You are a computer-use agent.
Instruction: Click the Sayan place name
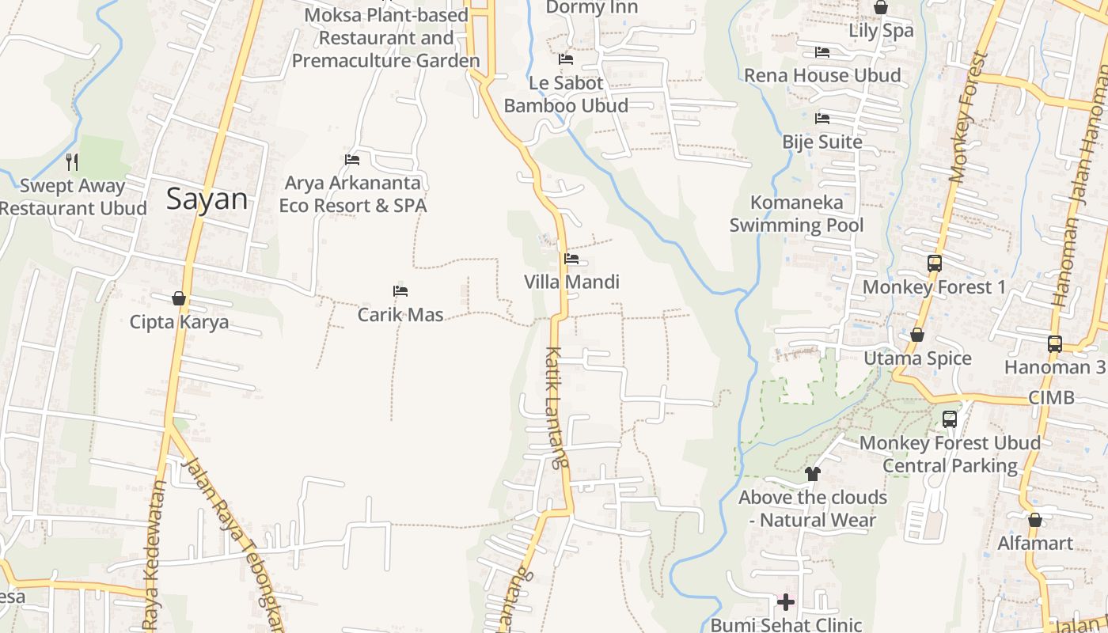click(x=207, y=199)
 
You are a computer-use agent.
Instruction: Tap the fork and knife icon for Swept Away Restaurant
click(x=72, y=162)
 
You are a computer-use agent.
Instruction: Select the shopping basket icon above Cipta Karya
click(x=179, y=298)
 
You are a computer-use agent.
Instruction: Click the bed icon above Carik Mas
click(x=400, y=291)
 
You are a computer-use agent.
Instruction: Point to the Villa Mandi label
click(x=571, y=282)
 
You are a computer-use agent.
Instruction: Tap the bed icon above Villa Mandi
click(x=571, y=258)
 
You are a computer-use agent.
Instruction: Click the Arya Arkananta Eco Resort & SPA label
click(x=353, y=195)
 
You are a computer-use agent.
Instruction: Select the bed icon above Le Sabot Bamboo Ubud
click(x=566, y=59)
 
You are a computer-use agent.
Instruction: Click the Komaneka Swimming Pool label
click(x=796, y=214)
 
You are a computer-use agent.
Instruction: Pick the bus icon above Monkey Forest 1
click(x=935, y=263)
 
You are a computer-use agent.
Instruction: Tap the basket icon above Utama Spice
click(x=917, y=335)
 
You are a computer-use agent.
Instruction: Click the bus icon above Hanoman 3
click(x=1055, y=343)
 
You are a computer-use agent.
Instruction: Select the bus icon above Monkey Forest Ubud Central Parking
click(x=950, y=419)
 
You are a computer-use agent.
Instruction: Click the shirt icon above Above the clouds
click(x=813, y=474)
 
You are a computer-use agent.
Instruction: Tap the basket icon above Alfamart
click(x=1034, y=520)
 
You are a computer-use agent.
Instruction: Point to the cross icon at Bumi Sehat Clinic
click(x=785, y=602)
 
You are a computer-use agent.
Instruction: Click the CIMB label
click(x=1051, y=397)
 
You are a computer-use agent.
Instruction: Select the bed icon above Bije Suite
click(x=822, y=119)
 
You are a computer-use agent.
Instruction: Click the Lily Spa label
click(x=881, y=31)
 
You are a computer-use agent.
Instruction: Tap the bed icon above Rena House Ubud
click(x=822, y=52)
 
